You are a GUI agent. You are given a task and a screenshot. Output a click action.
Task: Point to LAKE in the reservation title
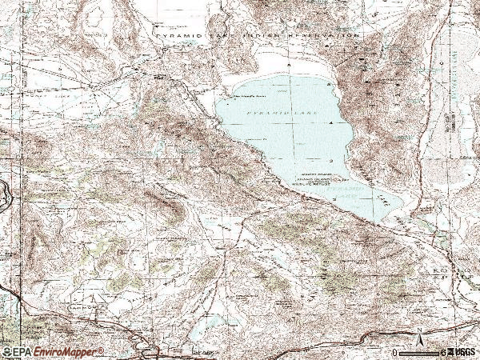click(223, 36)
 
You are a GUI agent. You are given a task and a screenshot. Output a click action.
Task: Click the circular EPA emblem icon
click(6, 352)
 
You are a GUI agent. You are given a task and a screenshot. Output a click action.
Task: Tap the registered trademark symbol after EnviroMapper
click(101, 350)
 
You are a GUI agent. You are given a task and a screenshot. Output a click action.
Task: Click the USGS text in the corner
click(462, 352)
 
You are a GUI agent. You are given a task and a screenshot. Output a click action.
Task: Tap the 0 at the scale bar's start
click(394, 352)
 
